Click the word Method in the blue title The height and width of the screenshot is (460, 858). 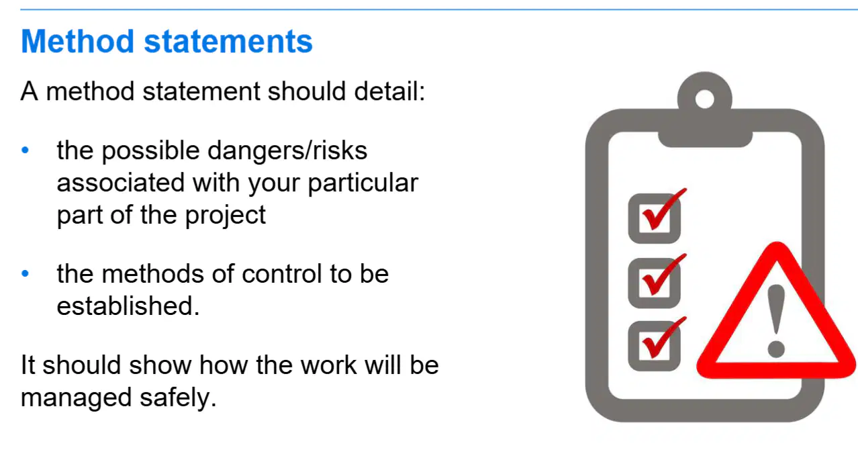[x=77, y=41]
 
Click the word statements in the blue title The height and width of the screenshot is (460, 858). [x=228, y=42]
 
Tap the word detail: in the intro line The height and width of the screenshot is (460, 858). [x=389, y=91]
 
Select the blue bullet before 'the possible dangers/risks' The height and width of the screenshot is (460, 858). [x=26, y=150]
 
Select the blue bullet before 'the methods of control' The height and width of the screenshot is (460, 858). [x=26, y=273]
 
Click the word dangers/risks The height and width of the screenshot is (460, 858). [x=287, y=150]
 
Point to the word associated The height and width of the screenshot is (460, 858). [x=121, y=183]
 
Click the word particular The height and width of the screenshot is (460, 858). [x=363, y=183]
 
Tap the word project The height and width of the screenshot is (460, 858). [x=225, y=216]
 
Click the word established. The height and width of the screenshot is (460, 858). [x=128, y=306]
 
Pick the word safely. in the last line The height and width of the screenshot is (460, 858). [x=178, y=398]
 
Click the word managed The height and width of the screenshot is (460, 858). [x=76, y=398]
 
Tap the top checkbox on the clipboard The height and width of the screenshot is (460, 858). [x=655, y=218]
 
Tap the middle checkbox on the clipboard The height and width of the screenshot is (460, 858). [x=655, y=283]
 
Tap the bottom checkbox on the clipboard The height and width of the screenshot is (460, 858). [x=655, y=346]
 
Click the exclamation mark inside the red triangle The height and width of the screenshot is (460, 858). [x=776, y=321]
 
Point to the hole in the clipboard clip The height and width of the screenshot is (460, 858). [x=704, y=99]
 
